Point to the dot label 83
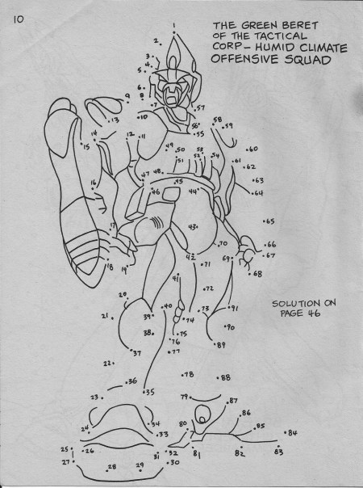pos(278,452)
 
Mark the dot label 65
pos(269,221)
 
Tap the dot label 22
pos(107,364)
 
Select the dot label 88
pos(225,377)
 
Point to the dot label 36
pos(132,381)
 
